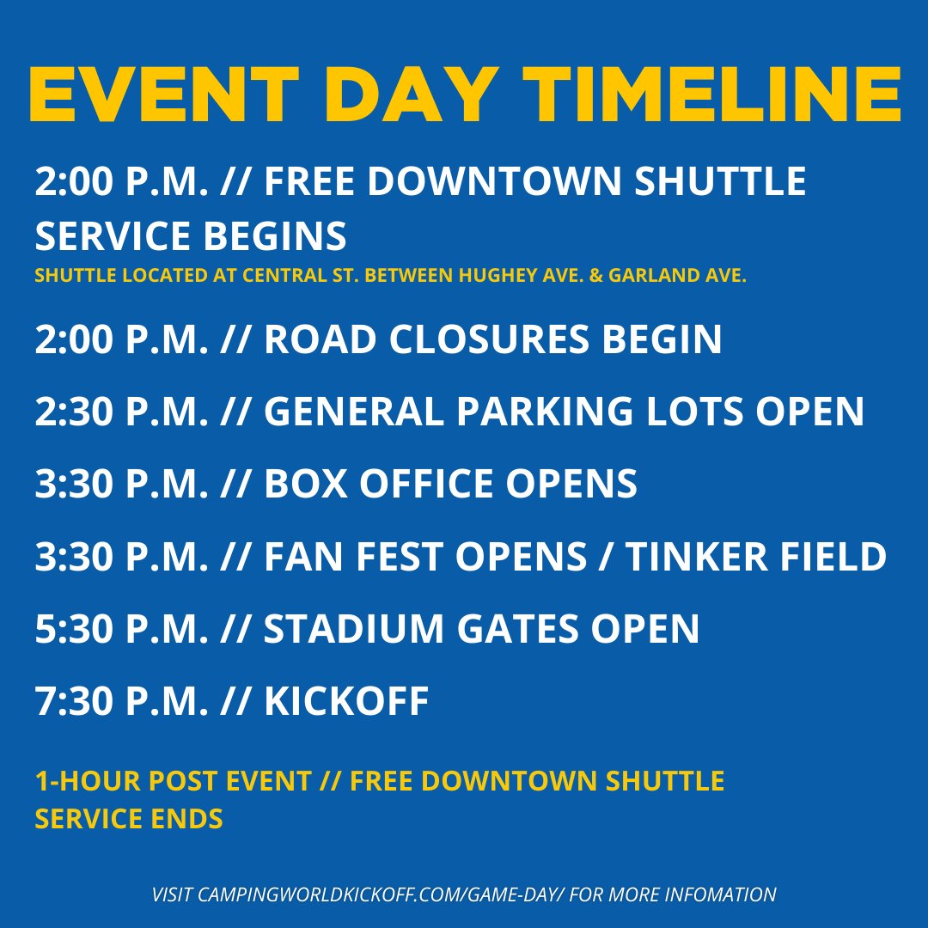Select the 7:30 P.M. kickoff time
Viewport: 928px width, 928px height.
point(121,701)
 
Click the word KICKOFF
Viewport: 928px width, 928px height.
point(346,701)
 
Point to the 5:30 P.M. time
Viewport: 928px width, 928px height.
point(121,629)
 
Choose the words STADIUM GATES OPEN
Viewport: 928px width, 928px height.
point(481,629)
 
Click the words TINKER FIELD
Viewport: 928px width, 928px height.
point(755,557)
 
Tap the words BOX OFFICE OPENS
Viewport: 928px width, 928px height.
point(450,485)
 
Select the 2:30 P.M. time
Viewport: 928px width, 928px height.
point(121,412)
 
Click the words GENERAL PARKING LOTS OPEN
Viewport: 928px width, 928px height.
point(564,412)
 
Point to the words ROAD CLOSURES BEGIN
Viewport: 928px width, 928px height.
point(492,340)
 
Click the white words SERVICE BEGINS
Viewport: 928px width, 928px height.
point(191,235)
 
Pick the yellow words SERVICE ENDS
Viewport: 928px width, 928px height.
point(129,819)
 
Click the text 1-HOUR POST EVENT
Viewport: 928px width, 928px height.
point(173,781)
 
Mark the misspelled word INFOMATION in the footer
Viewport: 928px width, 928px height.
point(726,894)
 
